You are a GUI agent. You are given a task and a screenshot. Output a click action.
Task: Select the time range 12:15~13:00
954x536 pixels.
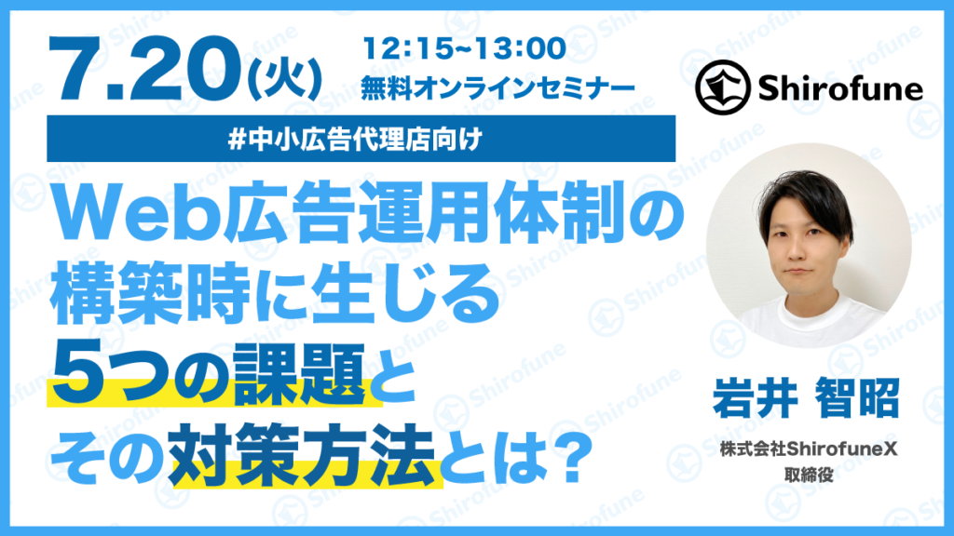465,48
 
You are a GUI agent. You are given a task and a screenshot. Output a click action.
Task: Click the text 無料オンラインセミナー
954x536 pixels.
497,88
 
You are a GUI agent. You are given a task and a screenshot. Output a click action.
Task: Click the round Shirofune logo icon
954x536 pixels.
723,87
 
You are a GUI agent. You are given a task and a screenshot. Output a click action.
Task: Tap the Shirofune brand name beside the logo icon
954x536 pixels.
840,88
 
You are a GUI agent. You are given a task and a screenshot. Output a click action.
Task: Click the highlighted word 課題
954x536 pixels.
299,373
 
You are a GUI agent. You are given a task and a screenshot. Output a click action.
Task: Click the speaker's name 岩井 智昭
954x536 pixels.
806,397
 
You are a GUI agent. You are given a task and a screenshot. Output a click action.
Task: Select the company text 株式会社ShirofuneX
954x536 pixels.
809,449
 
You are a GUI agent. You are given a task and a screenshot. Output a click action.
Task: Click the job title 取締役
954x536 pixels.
809,476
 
